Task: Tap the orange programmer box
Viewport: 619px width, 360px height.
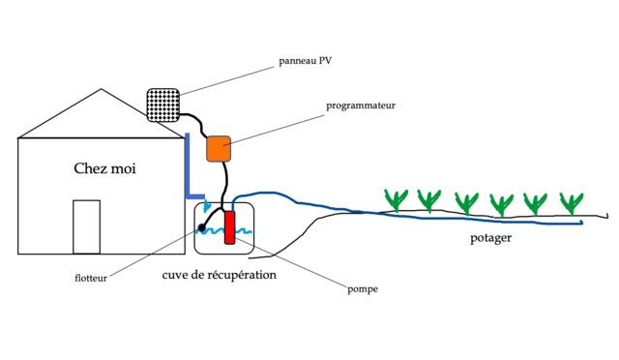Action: pos(218,148)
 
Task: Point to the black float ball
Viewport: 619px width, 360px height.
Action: pos(201,229)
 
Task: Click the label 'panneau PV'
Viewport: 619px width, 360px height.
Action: pos(306,60)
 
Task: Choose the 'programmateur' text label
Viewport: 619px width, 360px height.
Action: pos(361,105)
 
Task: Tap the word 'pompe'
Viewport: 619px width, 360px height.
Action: pos(363,288)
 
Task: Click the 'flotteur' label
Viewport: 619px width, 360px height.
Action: pos(91,279)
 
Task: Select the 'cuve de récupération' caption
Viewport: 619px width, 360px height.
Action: pos(219,275)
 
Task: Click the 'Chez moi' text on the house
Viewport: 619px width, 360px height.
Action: pos(104,168)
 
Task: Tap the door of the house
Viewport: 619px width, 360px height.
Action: pos(87,226)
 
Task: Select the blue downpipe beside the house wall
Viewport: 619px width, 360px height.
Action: pos(188,169)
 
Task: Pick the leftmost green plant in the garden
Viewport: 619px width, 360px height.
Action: pos(396,199)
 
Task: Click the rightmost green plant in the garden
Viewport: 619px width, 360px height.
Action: pos(572,203)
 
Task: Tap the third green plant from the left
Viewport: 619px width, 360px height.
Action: pos(466,202)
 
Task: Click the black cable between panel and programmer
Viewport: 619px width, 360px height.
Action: pos(192,121)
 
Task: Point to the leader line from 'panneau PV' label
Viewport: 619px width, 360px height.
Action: pos(232,78)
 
